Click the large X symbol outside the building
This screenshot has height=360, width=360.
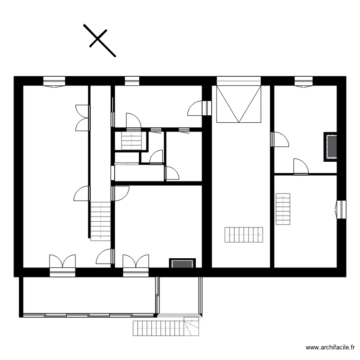pyautogui.click(x=99, y=40)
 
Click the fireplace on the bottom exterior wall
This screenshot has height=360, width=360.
pyautogui.click(x=182, y=263)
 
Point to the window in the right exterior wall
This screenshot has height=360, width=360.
pyautogui.click(x=341, y=209)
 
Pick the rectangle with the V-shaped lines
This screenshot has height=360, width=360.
pyautogui.click(x=239, y=104)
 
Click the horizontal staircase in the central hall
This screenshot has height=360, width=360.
pyautogui.click(x=244, y=235)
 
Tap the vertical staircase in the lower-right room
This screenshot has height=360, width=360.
pyautogui.click(x=283, y=209)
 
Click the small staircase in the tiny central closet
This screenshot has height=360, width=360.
pyautogui.click(x=129, y=141)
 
